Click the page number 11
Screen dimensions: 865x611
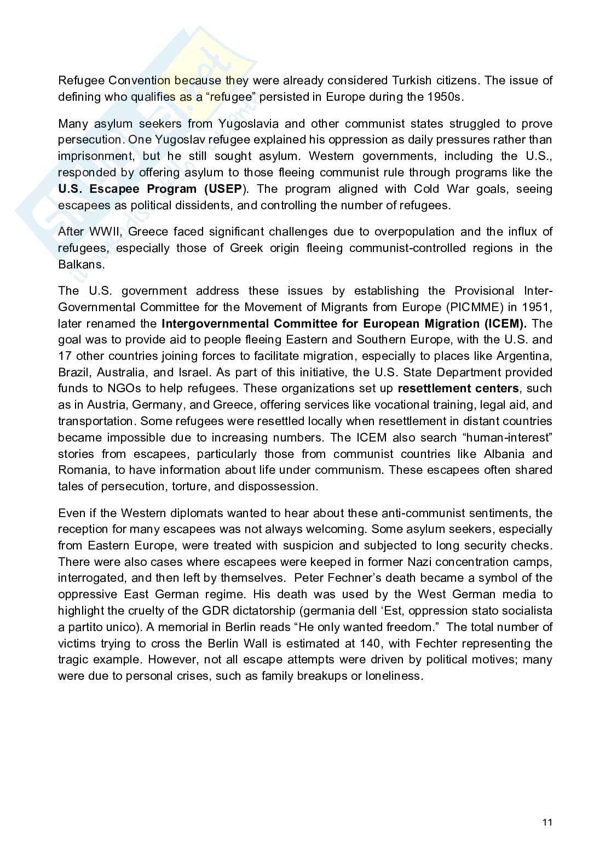(x=547, y=822)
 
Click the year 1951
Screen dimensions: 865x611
(x=539, y=307)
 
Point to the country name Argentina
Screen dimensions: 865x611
(x=524, y=356)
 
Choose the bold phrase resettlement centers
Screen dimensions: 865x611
(x=458, y=389)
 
